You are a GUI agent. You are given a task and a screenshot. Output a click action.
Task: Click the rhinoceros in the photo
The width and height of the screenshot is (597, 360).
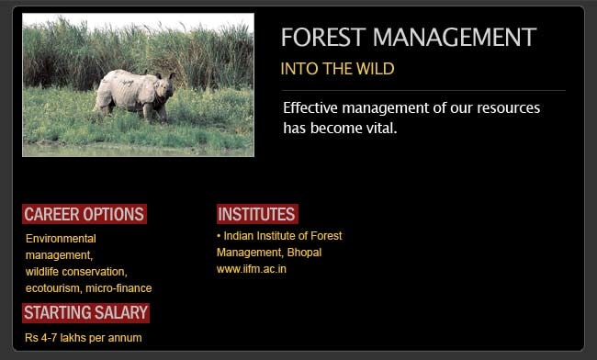pos(134,93)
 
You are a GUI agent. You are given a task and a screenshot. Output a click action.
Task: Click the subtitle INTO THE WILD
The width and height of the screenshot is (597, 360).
pos(337,69)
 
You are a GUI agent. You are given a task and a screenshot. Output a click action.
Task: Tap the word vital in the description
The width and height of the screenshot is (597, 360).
pos(377,128)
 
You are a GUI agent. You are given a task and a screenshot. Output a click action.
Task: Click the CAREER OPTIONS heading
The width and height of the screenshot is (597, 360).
pos(84,214)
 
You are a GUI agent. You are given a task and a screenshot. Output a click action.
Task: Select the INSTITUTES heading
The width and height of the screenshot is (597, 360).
pos(256,214)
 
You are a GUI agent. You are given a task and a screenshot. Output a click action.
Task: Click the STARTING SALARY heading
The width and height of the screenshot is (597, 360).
pos(85,313)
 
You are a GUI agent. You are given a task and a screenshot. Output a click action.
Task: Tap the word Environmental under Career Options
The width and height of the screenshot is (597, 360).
pos(61,239)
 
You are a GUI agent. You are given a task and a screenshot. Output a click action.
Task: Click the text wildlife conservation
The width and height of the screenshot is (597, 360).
pos(75,272)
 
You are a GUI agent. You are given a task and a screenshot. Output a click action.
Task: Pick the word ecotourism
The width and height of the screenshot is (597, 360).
pos(52,288)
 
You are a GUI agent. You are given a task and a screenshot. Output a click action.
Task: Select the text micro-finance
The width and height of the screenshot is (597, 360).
pos(118,288)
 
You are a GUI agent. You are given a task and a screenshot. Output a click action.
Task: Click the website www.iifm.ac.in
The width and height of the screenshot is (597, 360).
pos(252,269)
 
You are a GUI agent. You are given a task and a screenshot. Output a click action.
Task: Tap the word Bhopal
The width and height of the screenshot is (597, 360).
pos(304,253)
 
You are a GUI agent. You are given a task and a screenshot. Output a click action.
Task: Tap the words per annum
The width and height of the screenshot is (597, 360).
pos(120,338)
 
